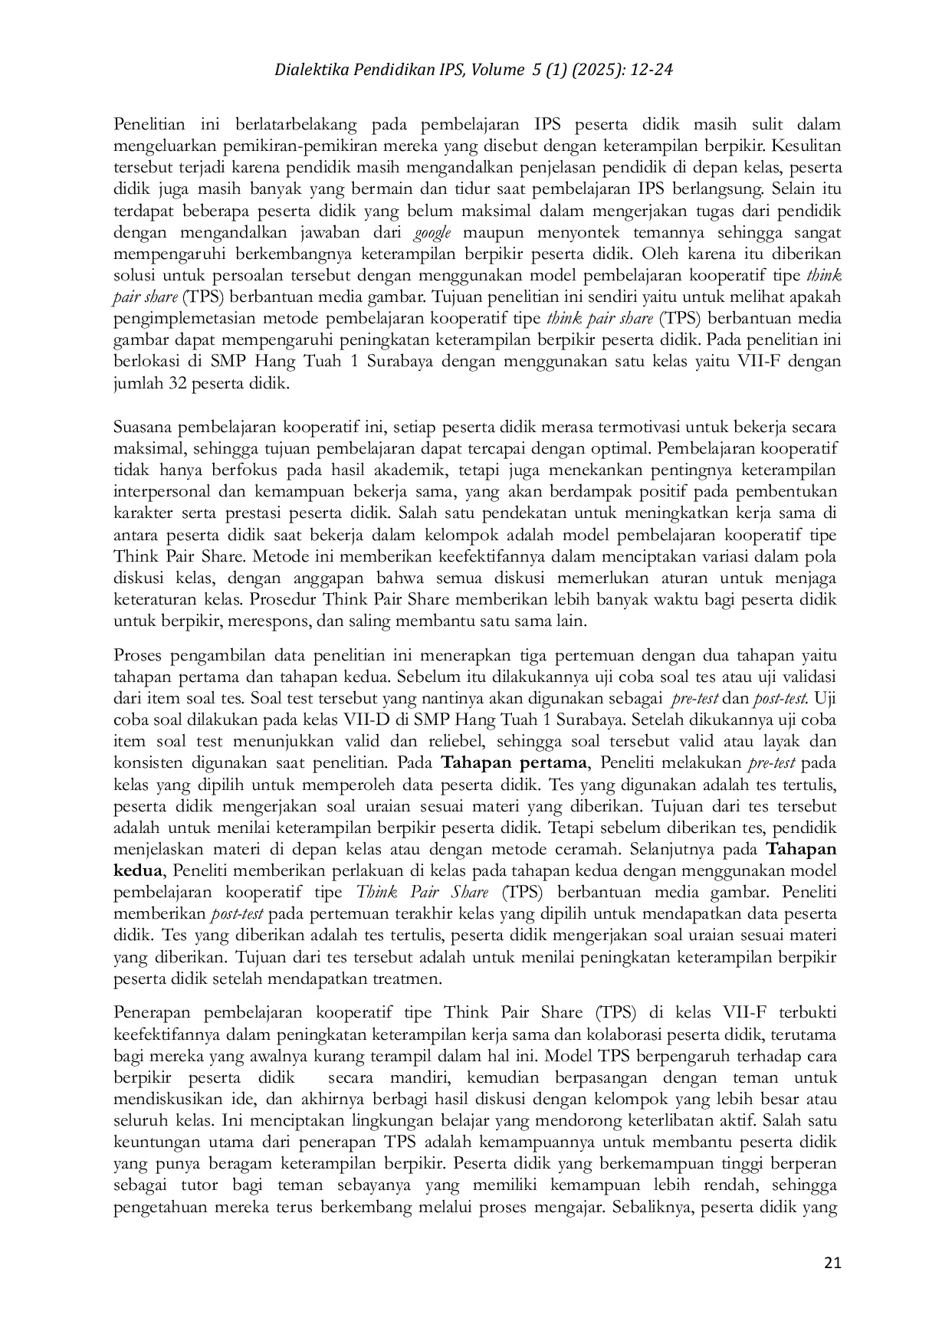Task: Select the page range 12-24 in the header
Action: [x=652, y=70]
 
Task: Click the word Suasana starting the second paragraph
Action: [x=145, y=426]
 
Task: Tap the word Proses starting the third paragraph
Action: [x=139, y=655]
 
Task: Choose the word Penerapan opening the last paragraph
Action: [x=151, y=1012]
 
